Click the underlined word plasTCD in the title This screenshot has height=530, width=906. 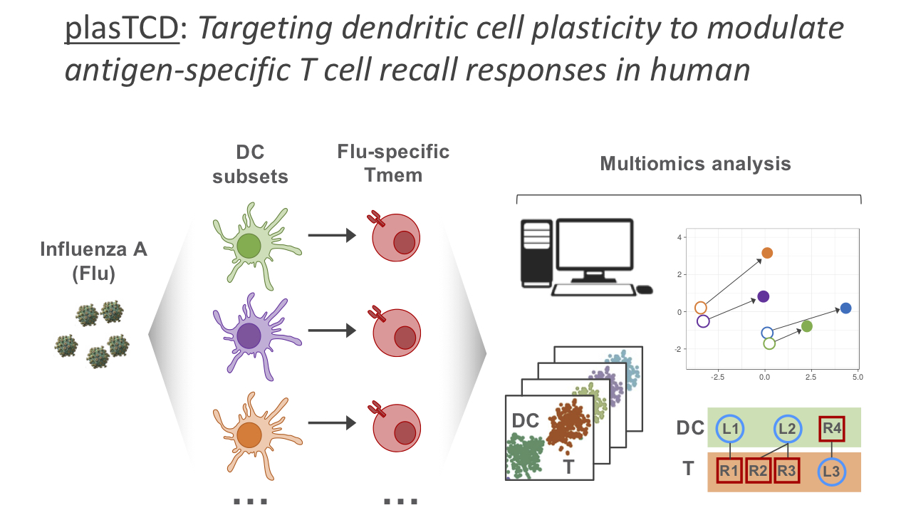pos(122,29)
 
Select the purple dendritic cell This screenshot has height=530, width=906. pos(250,334)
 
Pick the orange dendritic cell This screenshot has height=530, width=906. pos(250,432)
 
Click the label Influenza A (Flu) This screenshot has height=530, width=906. pos(93,261)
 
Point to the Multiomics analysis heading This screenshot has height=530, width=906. pos(695,164)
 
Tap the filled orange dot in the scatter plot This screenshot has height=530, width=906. pos(767,253)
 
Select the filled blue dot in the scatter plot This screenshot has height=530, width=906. pos(845,308)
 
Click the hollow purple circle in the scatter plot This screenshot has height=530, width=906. pos(703,321)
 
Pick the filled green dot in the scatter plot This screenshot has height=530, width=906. pos(806,326)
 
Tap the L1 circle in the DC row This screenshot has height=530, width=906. pos(730,429)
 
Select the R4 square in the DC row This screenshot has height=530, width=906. pos(832,429)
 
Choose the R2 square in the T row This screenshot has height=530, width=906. pos(759,470)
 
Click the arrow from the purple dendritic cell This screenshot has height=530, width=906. pos(331,331)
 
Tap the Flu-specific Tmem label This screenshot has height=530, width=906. pos(393,163)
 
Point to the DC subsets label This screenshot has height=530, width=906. pos(250,164)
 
